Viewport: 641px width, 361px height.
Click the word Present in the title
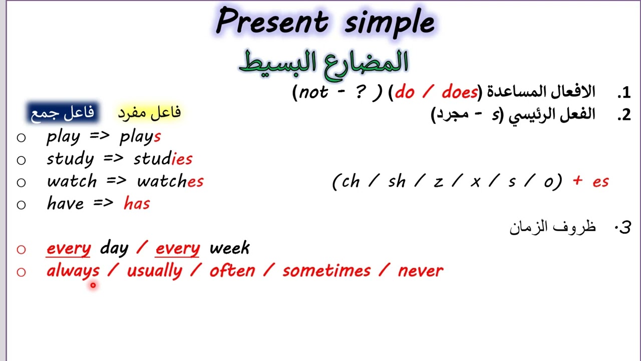[x=271, y=22]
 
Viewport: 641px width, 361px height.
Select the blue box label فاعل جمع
[x=62, y=112]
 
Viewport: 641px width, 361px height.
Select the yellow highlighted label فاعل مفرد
[x=149, y=112]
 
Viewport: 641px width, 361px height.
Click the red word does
[x=459, y=92]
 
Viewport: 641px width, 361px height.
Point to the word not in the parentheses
[x=313, y=92]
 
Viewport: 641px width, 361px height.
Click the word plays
[x=140, y=136]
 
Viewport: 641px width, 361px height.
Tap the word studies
[x=163, y=159]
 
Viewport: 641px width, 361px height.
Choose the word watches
[x=170, y=181]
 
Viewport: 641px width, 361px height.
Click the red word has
[x=137, y=203]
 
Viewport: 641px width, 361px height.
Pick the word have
[x=65, y=203]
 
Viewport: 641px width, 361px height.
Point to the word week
[x=229, y=248]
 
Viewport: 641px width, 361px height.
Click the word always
[x=73, y=271]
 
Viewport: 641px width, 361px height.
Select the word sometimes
[x=326, y=271]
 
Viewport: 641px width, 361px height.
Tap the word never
[x=420, y=271]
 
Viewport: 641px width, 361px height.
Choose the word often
[x=232, y=271]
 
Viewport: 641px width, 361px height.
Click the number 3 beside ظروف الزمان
[x=624, y=227]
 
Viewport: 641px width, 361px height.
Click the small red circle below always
[x=93, y=285]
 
